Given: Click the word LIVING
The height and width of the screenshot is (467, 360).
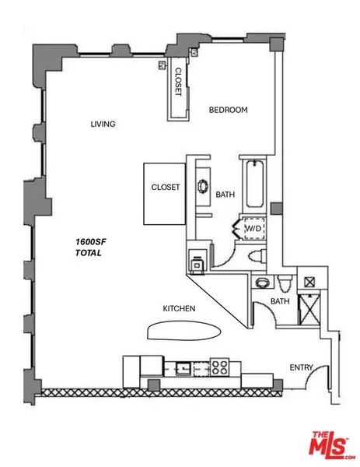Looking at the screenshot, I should [103, 125].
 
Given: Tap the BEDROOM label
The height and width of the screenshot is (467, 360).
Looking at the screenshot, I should [229, 111].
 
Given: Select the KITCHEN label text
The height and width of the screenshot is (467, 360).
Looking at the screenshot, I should [179, 309].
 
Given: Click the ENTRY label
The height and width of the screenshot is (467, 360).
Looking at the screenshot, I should [300, 367].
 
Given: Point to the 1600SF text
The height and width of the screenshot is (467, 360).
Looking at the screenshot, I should [92, 242].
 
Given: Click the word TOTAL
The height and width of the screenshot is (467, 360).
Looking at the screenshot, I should [89, 253].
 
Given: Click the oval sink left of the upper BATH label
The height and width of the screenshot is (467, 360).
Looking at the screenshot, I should [204, 187].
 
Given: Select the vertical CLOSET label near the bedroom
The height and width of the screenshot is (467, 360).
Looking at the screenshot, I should [178, 82].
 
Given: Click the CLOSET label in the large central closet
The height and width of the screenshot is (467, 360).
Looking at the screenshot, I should [166, 188].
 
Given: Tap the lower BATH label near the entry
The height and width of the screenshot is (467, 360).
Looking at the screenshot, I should [280, 301].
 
